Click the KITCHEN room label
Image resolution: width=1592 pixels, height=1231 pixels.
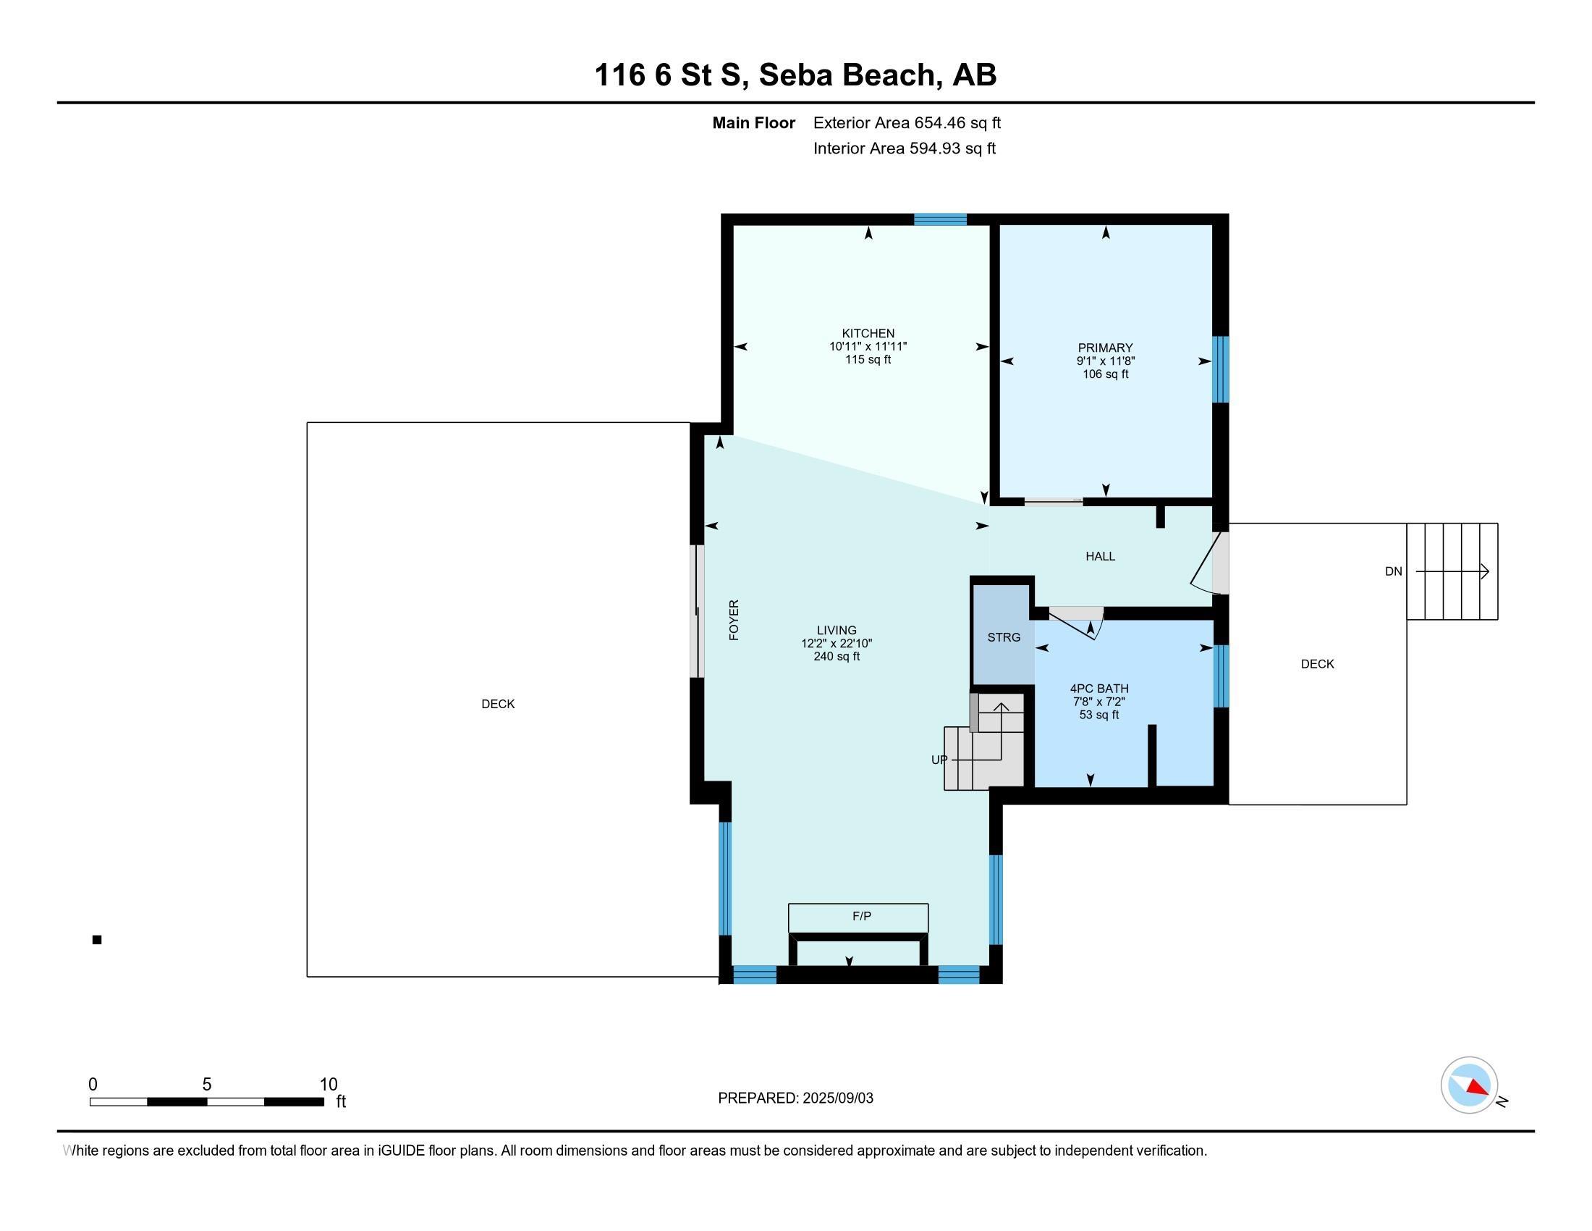point(868,333)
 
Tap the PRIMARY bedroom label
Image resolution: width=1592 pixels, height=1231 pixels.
point(1105,348)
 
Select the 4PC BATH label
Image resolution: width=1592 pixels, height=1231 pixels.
point(1099,689)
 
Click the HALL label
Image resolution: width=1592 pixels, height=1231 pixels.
point(1100,556)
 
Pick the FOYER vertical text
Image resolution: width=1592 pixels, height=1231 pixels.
point(734,620)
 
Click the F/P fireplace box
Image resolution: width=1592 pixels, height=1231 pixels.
point(858,917)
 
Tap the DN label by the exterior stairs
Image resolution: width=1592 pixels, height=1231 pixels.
point(1393,572)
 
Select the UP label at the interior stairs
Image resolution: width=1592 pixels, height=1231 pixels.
point(939,760)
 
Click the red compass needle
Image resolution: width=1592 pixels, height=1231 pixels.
point(1477,1088)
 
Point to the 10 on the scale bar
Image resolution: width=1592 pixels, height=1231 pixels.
point(328,1085)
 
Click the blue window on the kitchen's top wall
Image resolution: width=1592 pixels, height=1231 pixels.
point(940,219)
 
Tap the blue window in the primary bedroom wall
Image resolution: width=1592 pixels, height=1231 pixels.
point(1220,369)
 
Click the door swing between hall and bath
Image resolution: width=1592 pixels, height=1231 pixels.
point(1077,623)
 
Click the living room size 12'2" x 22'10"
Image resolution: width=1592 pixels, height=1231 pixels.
point(836,643)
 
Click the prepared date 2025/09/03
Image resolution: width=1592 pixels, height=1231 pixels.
point(837,1098)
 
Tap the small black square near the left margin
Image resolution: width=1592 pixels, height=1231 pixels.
point(97,940)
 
